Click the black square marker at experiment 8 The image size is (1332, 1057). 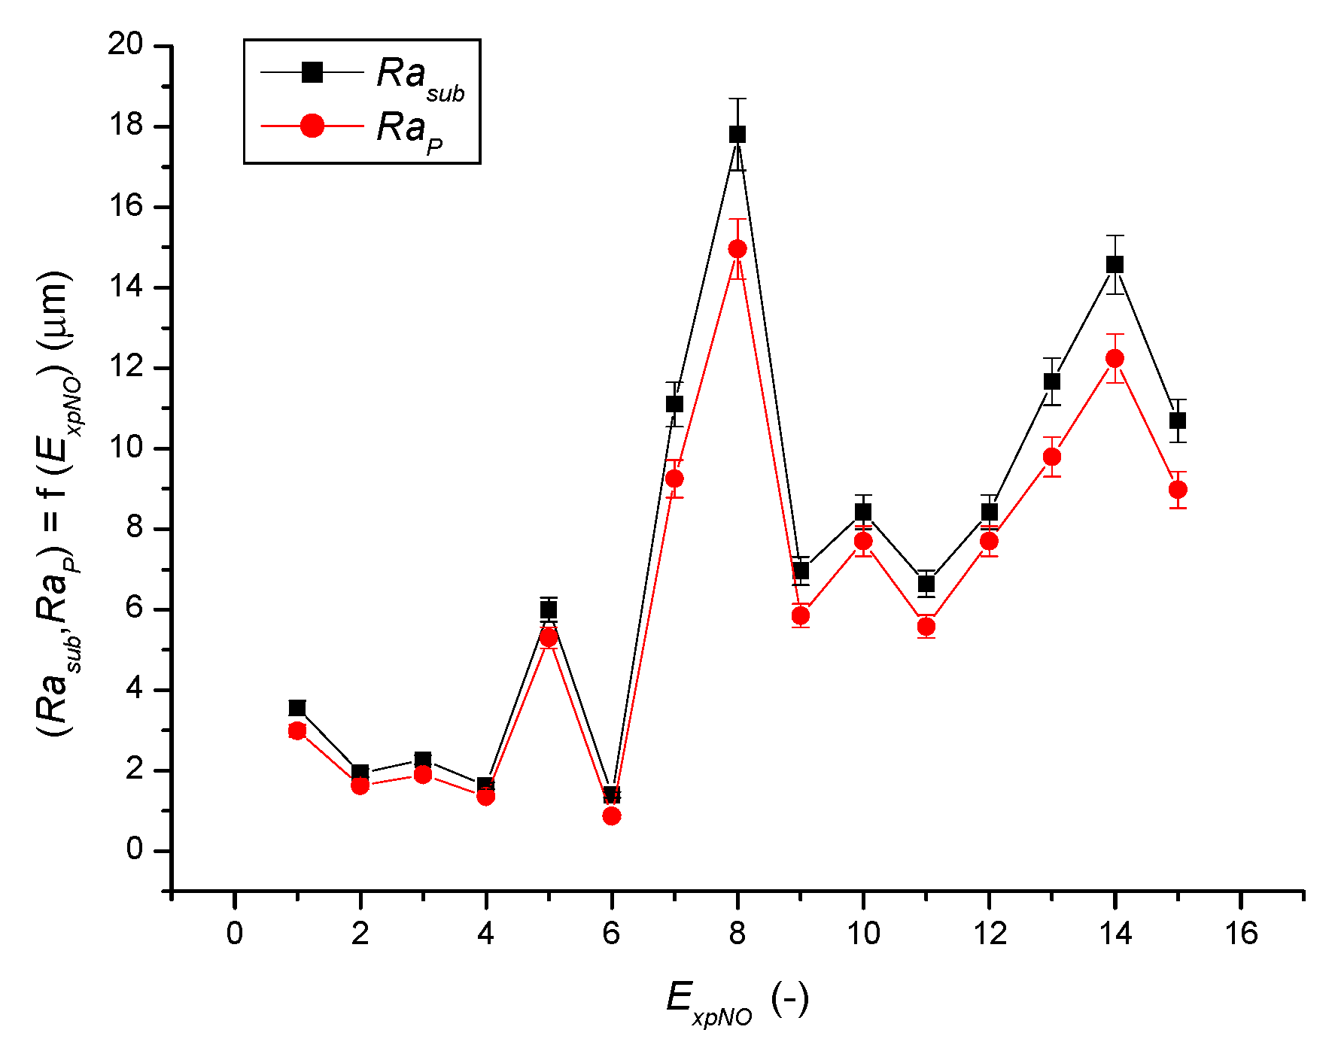737,135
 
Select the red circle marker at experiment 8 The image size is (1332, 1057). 737,249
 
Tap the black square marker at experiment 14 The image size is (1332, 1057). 1115,264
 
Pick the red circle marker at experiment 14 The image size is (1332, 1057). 1115,358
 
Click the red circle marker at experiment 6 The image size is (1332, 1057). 612,816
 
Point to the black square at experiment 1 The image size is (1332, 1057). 297,708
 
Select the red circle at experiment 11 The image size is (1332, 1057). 926,626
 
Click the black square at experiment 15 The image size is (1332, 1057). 1178,421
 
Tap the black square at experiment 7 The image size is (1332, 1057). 674,404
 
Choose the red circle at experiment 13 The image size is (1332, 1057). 1052,457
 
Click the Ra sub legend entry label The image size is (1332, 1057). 420,77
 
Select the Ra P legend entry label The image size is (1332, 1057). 410,131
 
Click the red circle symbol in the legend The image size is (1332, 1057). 312,126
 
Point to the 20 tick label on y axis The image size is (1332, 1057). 125,45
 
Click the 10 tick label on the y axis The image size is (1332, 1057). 125,448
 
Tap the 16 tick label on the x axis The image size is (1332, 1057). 1241,934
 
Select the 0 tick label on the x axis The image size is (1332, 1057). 235,934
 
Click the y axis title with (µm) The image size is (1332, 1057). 59,504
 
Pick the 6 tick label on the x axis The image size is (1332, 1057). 612,934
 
